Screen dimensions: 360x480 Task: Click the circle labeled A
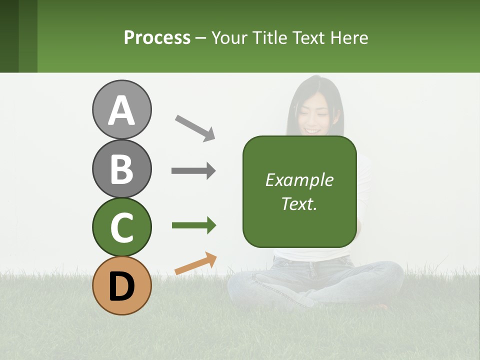coord(121,109)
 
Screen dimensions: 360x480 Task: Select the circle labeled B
coord(121,168)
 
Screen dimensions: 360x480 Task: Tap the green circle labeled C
coord(121,227)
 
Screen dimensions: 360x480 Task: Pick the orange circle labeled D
coord(121,285)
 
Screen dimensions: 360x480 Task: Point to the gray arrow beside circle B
coord(193,171)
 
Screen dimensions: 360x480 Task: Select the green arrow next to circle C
coord(193,225)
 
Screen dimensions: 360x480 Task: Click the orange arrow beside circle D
coord(195,263)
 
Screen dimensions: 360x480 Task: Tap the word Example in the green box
coord(299,180)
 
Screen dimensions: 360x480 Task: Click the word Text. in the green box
coord(299,203)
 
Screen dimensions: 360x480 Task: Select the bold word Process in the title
coord(157,37)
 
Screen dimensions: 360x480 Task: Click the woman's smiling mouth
coord(313,130)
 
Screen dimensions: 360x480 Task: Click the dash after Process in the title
coord(201,38)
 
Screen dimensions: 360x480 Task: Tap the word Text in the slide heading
coord(307,37)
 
